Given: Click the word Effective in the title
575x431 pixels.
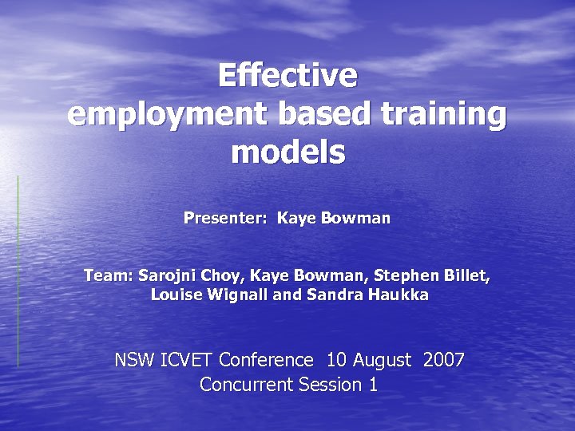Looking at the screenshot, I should [287, 77].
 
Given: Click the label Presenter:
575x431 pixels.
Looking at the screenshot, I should [226, 217].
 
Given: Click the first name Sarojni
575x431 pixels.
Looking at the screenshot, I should [165, 277].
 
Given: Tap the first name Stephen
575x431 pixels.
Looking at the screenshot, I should [407, 277].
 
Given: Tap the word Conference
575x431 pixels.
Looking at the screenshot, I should [266, 360].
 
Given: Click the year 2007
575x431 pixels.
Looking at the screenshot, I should [444, 360].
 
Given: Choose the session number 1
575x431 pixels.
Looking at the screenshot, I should [372, 385].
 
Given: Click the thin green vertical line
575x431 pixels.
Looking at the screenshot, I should [18, 271].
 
